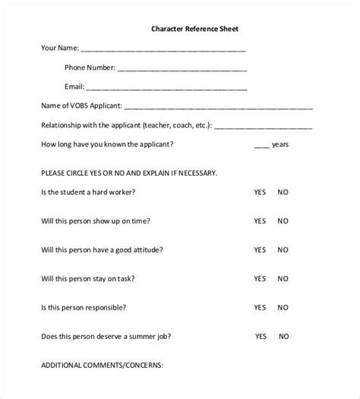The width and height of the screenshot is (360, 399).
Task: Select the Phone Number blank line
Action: [x=182, y=69]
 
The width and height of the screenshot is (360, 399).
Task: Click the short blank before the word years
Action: [x=261, y=146]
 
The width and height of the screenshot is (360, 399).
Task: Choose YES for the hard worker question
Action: [x=260, y=193]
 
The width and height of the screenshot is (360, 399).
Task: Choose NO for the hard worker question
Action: [x=283, y=193]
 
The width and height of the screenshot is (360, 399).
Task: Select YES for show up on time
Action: [x=260, y=221]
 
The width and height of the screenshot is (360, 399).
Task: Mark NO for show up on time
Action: [x=283, y=221]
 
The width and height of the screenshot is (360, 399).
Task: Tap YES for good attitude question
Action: [x=260, y=250]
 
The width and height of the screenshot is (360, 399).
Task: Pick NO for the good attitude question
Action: [x=283, y=250]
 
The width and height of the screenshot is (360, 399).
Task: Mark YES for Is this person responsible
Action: [x=260, y=307]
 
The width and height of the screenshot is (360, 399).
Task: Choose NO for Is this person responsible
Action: [x=283, y=307]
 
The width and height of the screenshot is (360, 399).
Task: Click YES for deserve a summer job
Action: [x=261, y=335]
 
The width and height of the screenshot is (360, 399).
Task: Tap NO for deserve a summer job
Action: [x=285, y=335]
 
